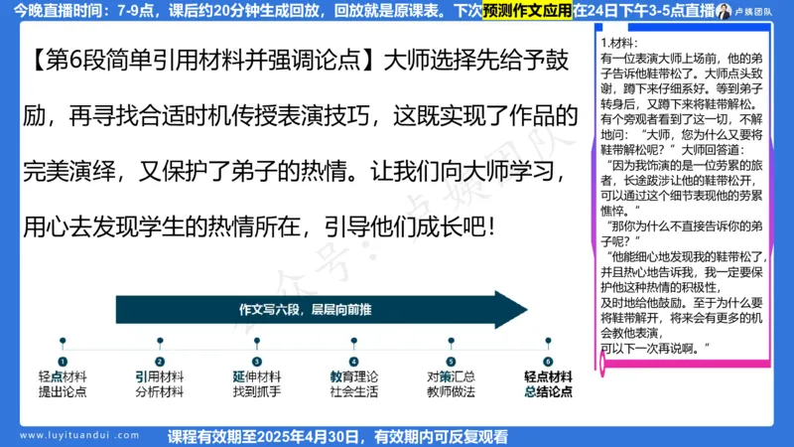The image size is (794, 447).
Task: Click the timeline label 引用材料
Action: tap(159, 377)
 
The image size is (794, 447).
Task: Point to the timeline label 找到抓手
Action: tap(256, 392)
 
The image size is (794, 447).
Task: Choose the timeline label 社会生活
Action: tap(353, 392)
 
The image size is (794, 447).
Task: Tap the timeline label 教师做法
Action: tap(451, 392)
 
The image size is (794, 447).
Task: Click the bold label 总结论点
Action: tap(548, 392)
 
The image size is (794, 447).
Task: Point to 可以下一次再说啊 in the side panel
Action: tap(655, 349)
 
